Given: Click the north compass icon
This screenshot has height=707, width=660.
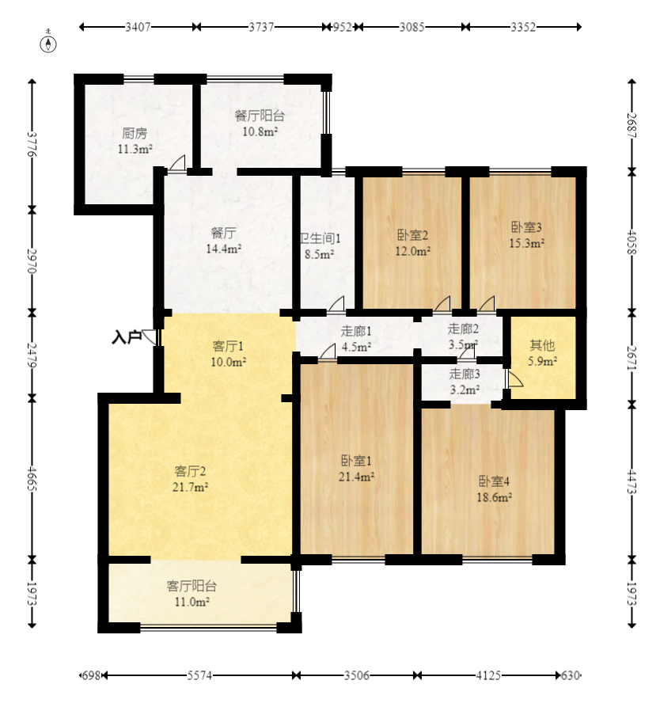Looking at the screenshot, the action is pos(48,44).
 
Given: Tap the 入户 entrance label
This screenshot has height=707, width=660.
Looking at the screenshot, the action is pos(127,337).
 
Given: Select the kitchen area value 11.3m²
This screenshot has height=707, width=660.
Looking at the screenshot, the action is pos(135,149).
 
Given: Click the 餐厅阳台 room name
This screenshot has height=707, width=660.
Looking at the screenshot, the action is pos(260,116).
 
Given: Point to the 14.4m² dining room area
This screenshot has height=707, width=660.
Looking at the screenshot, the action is pos(224,249).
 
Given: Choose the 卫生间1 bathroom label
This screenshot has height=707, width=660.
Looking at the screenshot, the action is pos(321,238).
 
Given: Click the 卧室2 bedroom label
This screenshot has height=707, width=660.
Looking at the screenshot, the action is pos(412,235).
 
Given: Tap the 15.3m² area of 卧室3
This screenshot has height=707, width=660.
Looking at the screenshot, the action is pos(526,244).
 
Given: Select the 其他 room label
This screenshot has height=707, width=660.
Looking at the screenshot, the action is pos(542,345).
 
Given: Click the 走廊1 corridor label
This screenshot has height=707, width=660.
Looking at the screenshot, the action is pos(356,332).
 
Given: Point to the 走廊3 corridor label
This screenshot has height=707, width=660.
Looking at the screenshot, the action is pos(465,374).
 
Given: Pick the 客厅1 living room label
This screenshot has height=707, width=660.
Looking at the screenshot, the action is pos(228,346).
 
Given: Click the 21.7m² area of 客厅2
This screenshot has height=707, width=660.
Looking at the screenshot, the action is pos(190,488).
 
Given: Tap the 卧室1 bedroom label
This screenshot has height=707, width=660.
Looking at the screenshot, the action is pos(356,461).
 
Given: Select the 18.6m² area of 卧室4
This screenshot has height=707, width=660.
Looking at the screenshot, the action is pos(494,497).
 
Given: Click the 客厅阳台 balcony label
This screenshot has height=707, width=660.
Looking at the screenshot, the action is pos(192,586).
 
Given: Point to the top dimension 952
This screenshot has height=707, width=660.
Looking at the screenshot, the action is pos(342,27).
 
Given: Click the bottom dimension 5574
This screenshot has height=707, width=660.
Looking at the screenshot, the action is pos(199,675).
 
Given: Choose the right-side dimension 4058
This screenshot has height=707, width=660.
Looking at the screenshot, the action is pos(632,242).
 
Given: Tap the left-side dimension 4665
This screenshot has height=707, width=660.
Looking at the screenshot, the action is pos(32,478).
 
